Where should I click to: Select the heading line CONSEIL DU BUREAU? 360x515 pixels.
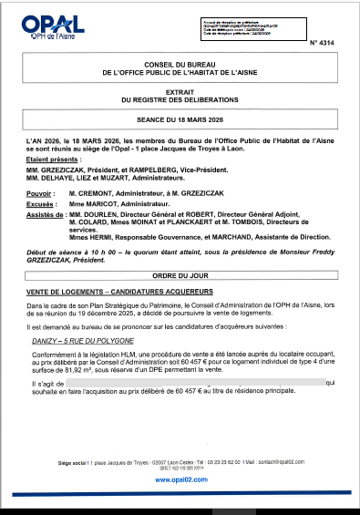180,63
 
